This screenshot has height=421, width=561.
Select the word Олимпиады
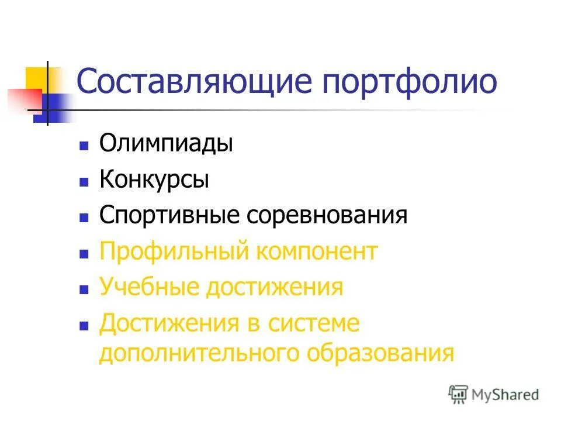click(166, 144)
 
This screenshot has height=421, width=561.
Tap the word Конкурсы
click(154, 180)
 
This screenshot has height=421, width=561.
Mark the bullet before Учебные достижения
click(84, 289)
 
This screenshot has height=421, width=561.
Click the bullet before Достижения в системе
click(84, 325)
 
